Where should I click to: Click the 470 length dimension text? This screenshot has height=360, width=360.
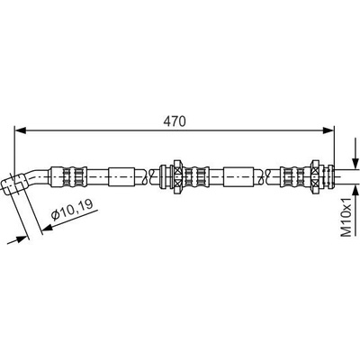point(175,121)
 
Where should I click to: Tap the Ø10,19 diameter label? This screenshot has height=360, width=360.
point(72,209)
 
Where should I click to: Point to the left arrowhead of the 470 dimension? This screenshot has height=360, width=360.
point(20,130)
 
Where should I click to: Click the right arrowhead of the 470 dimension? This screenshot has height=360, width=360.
point(328,130)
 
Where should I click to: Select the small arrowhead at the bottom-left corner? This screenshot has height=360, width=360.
point(20,239)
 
